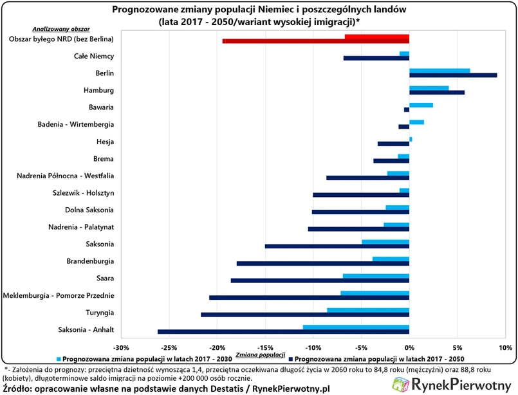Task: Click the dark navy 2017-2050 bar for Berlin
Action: [453, 75]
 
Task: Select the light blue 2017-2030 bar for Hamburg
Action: [429, 87]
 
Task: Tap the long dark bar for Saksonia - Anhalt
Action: [283, 331]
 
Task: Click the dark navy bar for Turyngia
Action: [305, 315]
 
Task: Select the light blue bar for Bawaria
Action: [421, 105]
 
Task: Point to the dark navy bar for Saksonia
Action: [337, 246]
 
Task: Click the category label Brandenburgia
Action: [90, 261]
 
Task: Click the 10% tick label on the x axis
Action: [504, 348]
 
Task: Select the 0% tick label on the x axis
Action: [409, 348]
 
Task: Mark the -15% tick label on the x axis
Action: [265, 348]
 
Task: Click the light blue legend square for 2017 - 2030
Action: [59, 358]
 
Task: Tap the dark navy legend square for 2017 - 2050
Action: [291, 358]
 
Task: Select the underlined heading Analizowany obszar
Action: [61, 30]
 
